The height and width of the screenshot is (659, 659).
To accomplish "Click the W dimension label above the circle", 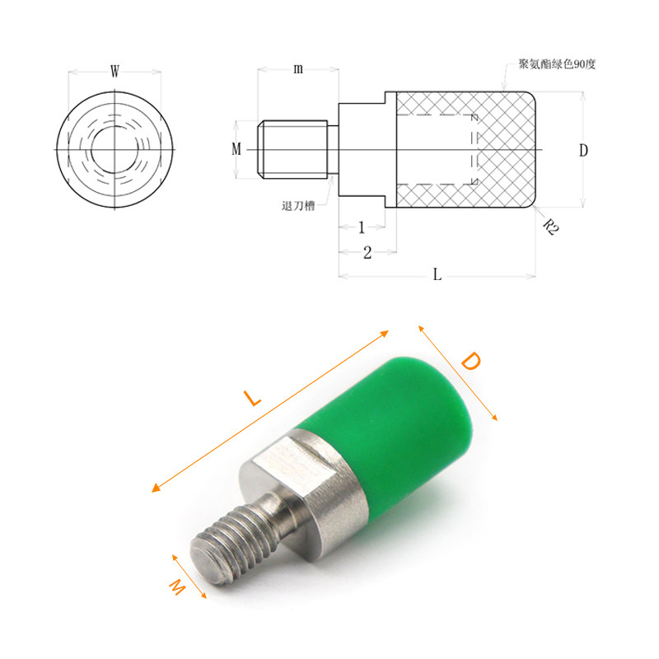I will [115, 72].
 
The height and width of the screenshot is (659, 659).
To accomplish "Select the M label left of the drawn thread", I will [237, 149].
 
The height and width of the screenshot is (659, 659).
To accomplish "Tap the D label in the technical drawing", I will [583, 150].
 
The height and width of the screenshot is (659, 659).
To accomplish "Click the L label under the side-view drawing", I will [437, 276].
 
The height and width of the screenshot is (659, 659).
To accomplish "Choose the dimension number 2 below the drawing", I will [367, 252].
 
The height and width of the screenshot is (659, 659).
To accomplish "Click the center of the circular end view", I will [115, 149].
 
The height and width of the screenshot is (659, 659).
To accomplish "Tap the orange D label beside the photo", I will [470, 362].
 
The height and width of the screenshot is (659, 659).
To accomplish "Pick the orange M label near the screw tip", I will [176, 587].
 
